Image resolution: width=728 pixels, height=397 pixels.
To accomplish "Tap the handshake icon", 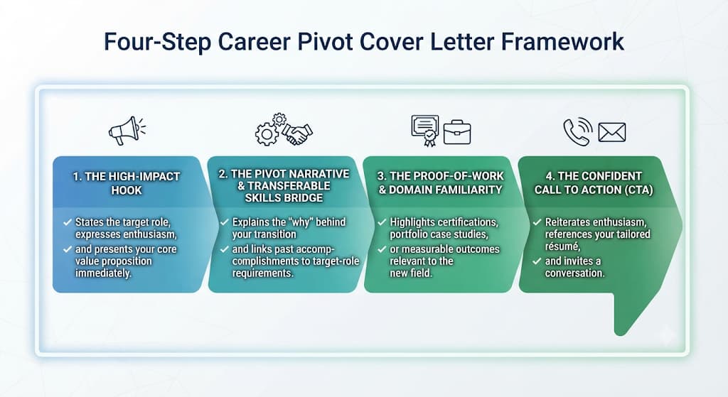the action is [x=298, y=134].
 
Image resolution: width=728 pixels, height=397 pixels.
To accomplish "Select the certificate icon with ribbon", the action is [x=425, y=131].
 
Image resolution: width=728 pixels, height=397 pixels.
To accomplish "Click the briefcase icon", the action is [x=457, y=132].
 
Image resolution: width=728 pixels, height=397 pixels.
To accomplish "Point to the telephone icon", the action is [x=577, y=131].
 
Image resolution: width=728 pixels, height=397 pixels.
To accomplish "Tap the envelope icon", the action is [x=612, y=132].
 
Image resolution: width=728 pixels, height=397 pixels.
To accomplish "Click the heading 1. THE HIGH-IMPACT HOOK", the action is [x=127, y=183].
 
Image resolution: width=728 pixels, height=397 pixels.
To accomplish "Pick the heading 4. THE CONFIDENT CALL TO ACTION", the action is [x=594, y=183].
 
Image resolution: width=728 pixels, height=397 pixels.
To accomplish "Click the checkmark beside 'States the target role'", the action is [x=68, y=222].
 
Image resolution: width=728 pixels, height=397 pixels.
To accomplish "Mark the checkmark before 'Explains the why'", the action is [x=224, y=222].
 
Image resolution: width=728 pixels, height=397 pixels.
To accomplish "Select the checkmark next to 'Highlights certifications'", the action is [x=382, y=222].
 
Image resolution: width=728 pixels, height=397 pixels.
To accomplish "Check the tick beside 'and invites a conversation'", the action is [x=537, y=261].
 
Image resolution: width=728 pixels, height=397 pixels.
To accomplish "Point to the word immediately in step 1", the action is [x=103, y=273].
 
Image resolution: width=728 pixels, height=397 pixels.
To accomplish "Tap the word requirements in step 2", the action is [x=263, y=273].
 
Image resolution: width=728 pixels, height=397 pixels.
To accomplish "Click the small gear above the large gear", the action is [x=279, y=119].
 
